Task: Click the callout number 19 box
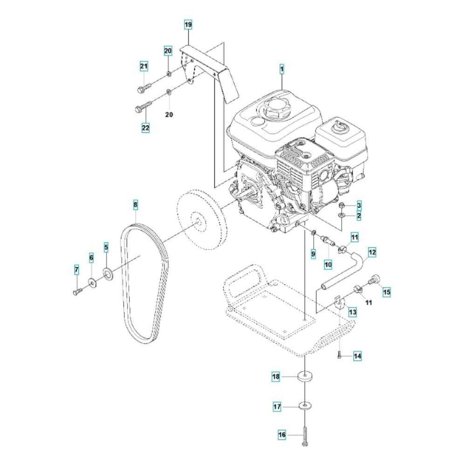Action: click(188, 24)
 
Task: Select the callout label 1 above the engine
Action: click(281, 69)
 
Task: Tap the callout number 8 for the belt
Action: click(136, 204)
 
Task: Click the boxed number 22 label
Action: click(146, 127)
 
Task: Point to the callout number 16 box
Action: click(281, 435)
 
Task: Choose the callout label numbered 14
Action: click(357, 356)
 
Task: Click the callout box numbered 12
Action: click(372, 253)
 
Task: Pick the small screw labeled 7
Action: click(77, 291)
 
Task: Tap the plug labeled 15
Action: click(374, 280)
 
